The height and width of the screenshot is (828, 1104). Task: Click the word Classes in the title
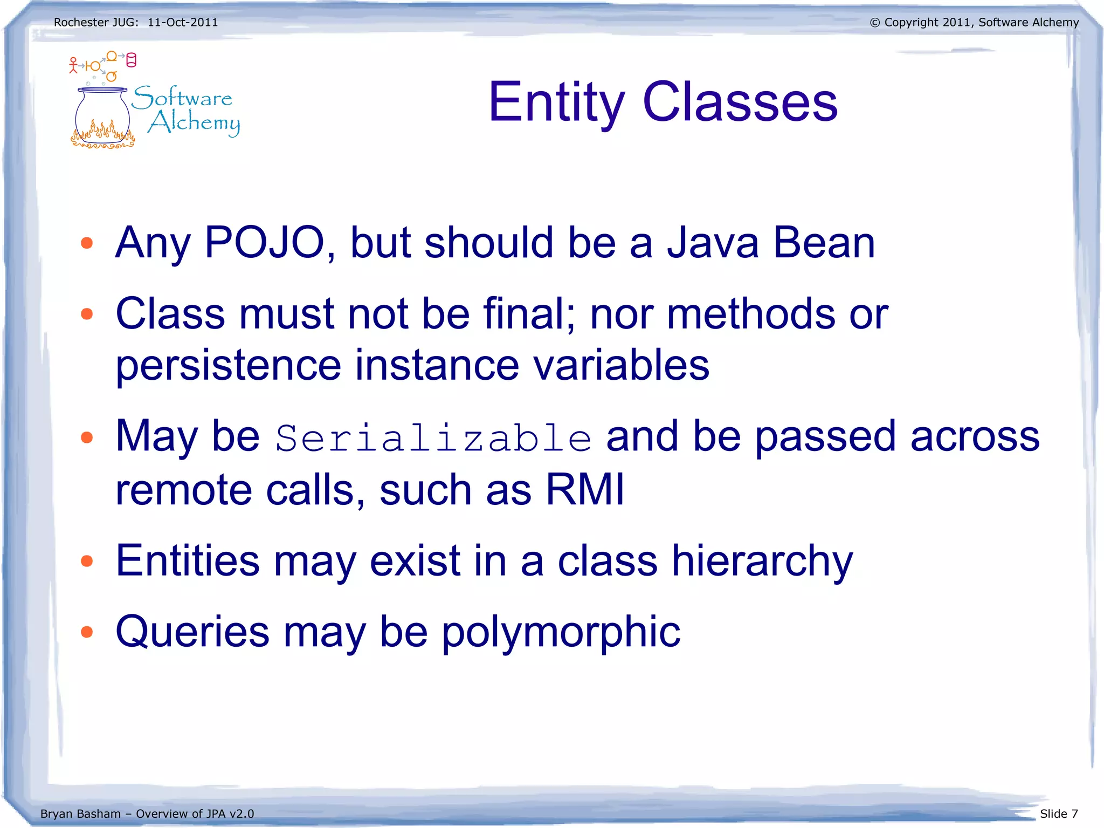(740, 102)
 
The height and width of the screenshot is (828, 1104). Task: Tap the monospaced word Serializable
(433, 438)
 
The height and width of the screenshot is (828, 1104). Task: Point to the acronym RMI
(585, 489)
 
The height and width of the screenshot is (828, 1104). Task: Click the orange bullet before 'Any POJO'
(86, 243)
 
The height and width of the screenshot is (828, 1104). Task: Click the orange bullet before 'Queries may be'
(86, 632)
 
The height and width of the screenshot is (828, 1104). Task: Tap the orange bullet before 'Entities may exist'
(86, 562)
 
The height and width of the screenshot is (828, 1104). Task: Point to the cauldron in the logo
(102, 119)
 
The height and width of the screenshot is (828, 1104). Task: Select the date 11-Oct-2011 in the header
(183, 23)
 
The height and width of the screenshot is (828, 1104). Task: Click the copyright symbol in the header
(875, 23)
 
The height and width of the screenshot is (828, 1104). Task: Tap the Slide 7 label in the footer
(1059, 813)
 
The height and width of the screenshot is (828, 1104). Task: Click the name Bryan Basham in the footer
(80, 813)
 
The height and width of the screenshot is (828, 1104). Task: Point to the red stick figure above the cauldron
(73, 65)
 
